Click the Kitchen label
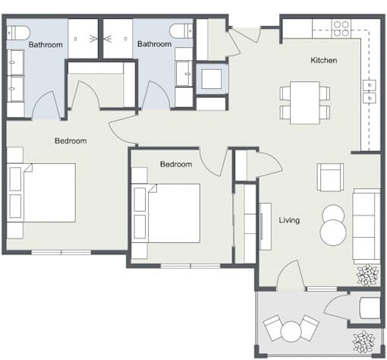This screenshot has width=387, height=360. coord(323,60)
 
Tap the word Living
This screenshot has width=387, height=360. coord(289,220)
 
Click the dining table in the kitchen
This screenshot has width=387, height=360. coord(305,103)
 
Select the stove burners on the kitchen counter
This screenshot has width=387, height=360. coord(341,29)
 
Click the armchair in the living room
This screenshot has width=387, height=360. coord(330,177)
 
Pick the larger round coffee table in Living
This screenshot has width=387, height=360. coord(333,232)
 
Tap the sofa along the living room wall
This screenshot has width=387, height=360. coord(367,226)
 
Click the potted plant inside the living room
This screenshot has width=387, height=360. coord(367,275)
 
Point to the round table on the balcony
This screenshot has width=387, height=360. coord(291,331)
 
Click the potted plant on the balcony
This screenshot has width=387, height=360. coord(363,342)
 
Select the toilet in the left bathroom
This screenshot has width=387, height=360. coord(18,33)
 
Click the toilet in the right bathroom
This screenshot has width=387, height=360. coord(181,31)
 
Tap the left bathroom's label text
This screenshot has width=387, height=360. coord(46,45)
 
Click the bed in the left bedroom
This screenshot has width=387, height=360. coord(41,193)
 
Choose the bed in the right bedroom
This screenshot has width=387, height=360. coord(165,213)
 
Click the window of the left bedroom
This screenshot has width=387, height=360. coord(61,252)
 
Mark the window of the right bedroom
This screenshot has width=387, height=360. coord(190,266)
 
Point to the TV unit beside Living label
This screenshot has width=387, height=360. coord(266,226)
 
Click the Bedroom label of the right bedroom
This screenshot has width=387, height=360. coord(176,164)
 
